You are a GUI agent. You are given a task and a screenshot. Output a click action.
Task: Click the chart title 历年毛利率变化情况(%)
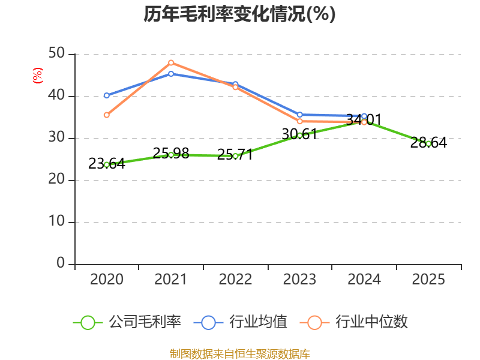pos(239,14)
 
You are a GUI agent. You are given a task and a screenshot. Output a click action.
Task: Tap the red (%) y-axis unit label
pos(38,76)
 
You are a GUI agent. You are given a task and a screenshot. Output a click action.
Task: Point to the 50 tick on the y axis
pos(56,53)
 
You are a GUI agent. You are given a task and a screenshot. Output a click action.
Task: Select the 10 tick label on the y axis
pos(56,221)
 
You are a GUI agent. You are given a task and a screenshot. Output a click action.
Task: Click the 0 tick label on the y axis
pos(61,263)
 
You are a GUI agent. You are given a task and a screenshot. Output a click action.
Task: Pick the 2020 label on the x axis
pos(107,279)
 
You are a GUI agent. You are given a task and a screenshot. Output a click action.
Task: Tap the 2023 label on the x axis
pos(299,279)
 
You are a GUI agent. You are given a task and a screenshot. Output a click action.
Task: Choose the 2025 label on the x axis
pos(428,279)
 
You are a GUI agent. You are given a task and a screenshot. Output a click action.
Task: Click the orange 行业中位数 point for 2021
pos(171,63)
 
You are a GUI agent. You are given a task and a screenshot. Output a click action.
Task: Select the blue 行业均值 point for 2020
pos(107,95)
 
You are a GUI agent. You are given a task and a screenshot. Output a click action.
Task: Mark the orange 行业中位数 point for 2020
pos(107,115)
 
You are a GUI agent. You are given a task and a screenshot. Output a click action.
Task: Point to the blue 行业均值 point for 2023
pos(299,115)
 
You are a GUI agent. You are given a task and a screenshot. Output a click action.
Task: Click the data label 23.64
pos(107,164)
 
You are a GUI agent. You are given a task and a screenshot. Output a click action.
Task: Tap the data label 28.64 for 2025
pos(428,143)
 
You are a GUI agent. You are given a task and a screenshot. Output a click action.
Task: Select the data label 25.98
pos(171,154)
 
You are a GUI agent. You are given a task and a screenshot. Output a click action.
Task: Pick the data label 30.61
pos(299,134)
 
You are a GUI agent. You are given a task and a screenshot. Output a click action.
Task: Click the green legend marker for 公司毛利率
pos(88,323)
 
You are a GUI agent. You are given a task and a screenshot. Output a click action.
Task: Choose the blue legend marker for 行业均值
pos(208,323)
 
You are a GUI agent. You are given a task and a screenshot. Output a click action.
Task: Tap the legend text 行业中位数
pos(371,322)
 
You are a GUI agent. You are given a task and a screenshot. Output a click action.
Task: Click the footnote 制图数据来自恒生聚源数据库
pos(240,354)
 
